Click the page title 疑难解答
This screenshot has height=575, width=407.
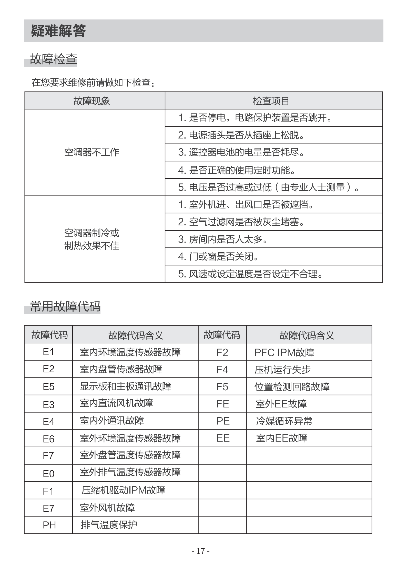58,31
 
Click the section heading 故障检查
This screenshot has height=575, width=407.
53,59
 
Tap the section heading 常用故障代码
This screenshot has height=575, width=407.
65,306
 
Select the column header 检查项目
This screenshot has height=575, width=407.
271,101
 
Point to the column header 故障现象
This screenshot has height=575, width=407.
91,101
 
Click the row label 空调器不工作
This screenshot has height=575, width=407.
91,152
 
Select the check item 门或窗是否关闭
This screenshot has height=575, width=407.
218,256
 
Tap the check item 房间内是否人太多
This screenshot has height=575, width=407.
223,239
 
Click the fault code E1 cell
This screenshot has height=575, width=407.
48,352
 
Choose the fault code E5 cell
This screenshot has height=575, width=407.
48,387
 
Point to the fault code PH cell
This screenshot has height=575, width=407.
49,525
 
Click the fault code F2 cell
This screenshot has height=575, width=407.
222,353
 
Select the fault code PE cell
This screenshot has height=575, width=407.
223,421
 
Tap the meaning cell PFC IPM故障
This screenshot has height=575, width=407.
284,353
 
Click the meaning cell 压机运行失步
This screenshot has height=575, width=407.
282,370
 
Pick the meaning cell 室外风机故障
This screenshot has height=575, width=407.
107,508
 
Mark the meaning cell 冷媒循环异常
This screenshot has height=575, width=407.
284,421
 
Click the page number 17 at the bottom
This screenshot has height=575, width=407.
201,551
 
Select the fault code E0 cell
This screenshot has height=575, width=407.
48,474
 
